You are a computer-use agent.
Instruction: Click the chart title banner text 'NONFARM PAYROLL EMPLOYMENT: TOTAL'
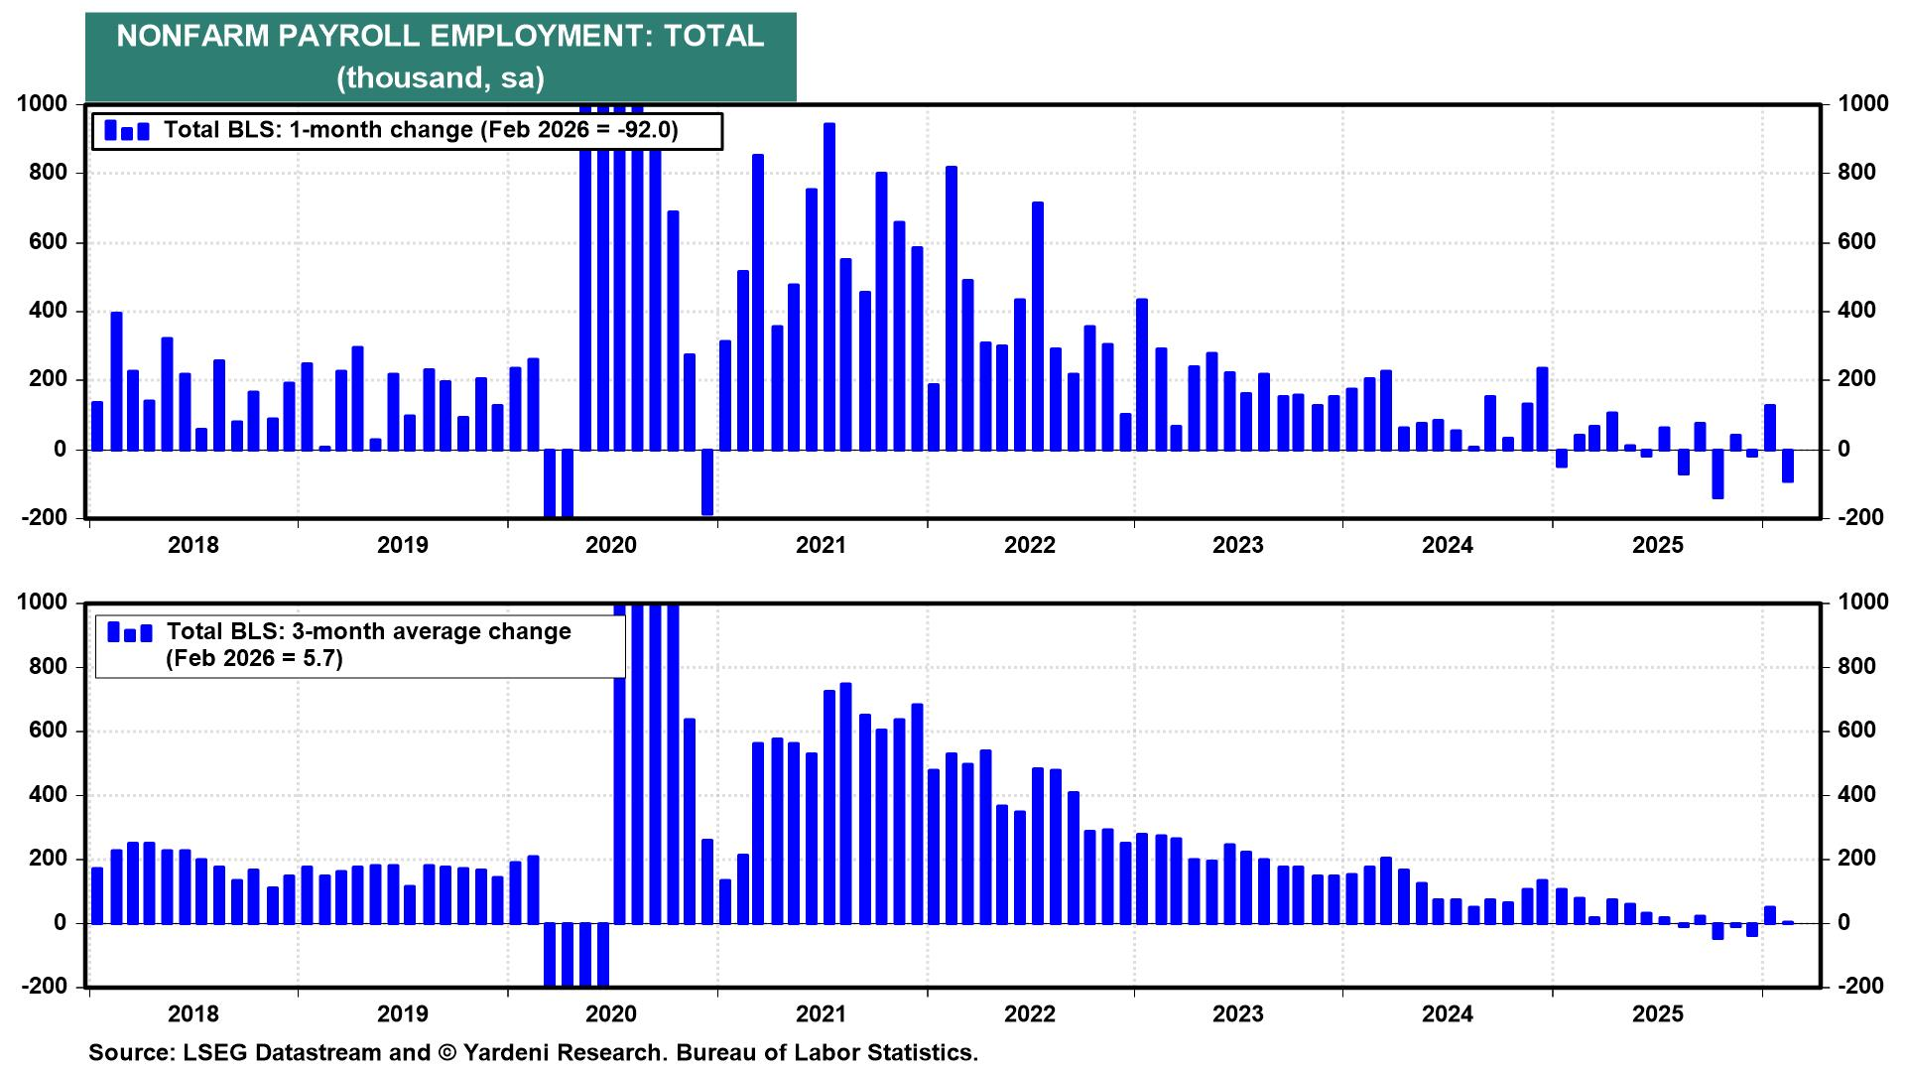(440, 37)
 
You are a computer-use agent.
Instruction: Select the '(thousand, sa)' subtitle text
(440, 77)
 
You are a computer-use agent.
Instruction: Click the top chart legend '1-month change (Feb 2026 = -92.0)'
(420, 130)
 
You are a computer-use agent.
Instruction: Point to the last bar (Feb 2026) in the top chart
(1788, 466)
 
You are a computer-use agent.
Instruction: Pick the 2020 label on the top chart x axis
(611, 545)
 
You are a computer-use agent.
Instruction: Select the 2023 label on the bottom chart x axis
(1238, 1013)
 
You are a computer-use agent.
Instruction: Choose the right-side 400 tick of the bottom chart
(1857, 795)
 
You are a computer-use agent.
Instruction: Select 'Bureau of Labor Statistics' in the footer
(826, 1052)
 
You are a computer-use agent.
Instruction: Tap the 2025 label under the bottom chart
(1658, 1013)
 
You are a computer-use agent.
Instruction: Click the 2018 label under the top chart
(192, 545)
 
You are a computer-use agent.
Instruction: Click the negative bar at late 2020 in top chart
(707, 482)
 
